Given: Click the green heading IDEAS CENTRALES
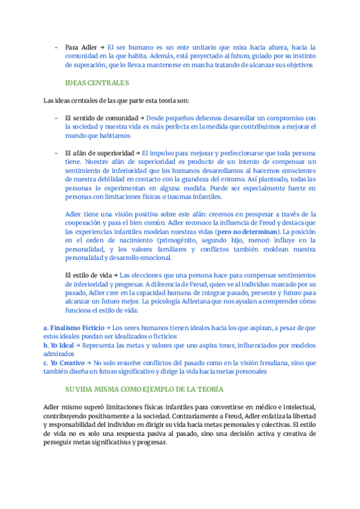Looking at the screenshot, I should coord(97,82).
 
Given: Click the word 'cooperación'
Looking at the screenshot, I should coord(84,222).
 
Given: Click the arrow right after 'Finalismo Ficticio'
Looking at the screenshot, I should coord(109,328).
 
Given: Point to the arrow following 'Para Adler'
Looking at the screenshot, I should coord(102,47).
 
